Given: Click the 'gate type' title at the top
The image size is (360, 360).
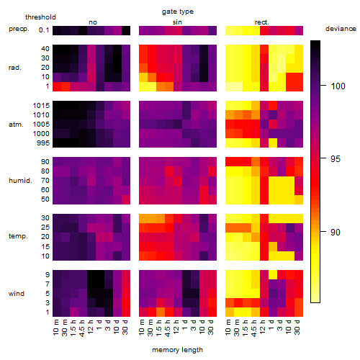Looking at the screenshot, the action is [x=178, y=12].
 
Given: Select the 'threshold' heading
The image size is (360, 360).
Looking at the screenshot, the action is [x=40, y=17].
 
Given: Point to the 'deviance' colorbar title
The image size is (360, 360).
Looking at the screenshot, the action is [x=341, y=29].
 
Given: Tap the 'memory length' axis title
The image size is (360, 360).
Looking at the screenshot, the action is [x=177, y=350].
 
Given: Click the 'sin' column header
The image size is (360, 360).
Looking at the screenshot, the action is [x=177, y=22].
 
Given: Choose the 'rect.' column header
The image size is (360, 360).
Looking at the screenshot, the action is [x=261, y=22].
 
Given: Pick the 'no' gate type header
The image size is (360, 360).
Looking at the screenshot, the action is [x=93, y=22].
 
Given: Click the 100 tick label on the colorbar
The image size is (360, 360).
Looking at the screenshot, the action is [x=338, y=86].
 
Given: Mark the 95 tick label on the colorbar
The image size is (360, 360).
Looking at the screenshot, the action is [x=336, y=159].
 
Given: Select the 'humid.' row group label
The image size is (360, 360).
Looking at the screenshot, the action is [x=20, y=181].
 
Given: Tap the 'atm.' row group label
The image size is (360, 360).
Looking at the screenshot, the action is [x=16, y=125].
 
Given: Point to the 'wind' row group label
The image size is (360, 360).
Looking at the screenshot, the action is [x=17, y=294].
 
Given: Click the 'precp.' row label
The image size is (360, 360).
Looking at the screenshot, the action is [x=19, y=29].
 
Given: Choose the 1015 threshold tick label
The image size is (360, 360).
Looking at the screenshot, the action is [x=41, y=106].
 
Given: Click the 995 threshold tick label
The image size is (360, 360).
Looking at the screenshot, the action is [x=43, y=143].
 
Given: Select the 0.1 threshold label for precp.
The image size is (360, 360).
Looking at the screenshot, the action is [x=44, y=30].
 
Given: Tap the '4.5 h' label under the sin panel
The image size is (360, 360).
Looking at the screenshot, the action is [x=168, y=328].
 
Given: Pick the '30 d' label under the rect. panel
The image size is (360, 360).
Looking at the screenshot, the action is [x=297, y=327].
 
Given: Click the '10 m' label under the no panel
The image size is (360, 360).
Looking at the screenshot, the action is [x=55, y=328].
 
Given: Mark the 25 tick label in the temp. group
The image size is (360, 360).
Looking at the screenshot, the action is [x=45, y=228].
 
